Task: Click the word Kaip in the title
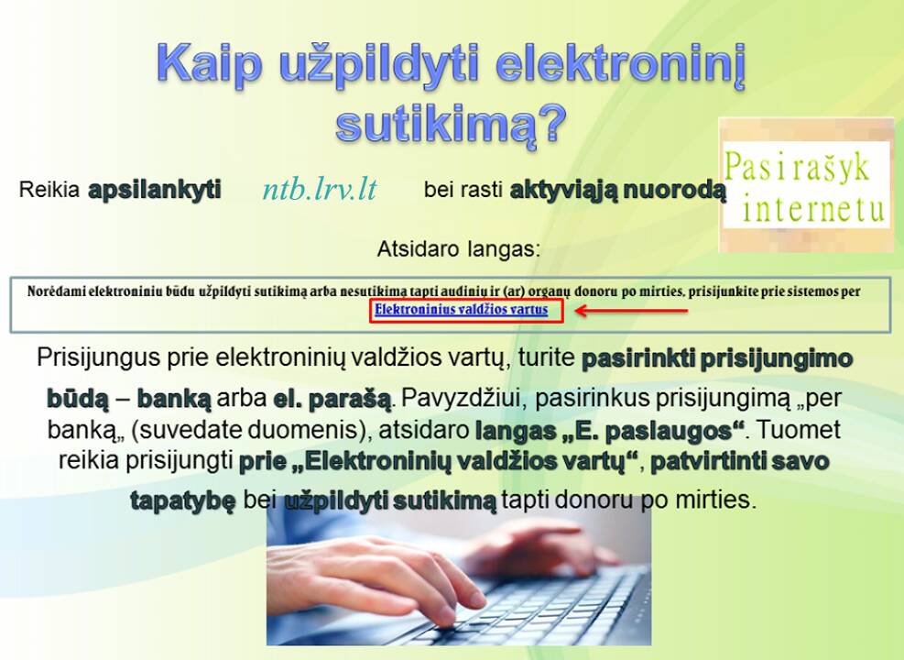pyautogui.click(x=209, y=62)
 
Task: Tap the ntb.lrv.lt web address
pyautogui.click(x=320, y=189)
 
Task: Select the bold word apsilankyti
pyautogui.click(x=155, y=189)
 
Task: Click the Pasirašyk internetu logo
pyautogui.click(x=806, y=184)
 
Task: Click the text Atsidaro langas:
pyautogui.click(x=459, y=249)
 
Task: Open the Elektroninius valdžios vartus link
pyautogui.click(x=462, y=310)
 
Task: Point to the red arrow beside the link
pyautogui.click(x=631, y=311)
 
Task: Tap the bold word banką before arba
pyautogui.click(x=174, y=399)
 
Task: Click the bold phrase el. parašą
pyautogui.click(x=332, y=400)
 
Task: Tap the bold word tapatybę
pyautogui.click(x=183, y=500)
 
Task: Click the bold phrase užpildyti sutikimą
pyautogui.click(x=390, y=500)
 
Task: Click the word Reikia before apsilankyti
pyautogui.click(x=49, y=189)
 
